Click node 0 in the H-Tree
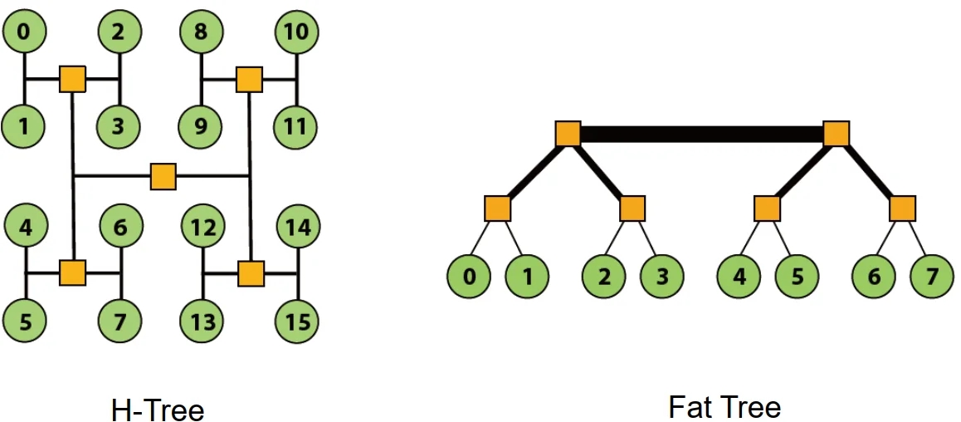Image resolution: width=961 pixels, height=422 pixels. tap(25, 32)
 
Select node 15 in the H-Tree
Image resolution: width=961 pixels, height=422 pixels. tap(298, 321)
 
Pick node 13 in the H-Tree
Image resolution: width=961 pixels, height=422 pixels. tap(203, 321)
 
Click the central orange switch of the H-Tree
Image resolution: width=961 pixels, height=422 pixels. tap(163, 176)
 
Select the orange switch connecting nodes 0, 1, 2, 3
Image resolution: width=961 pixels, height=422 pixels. tap(73, 80)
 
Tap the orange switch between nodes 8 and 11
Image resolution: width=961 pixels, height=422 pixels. tap(249, 80)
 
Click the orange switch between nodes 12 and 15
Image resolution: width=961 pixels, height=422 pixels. tap(250, 273)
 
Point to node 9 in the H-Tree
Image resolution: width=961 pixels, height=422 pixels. tap(202, 128)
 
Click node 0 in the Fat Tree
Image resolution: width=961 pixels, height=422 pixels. tap(470, 275)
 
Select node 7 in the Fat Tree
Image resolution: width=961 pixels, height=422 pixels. tap(932, 275)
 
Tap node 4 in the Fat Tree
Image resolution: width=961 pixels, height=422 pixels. tap(739, 275)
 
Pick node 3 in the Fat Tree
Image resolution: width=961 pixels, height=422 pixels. tap(661, 275)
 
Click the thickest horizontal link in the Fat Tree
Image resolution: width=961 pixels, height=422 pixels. tap(701, 134)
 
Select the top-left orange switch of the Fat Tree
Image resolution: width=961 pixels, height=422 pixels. tap(568, 133)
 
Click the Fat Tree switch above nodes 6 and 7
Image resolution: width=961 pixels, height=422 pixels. tap(902, 208)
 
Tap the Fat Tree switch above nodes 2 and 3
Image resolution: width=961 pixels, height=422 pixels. tap(632, 208)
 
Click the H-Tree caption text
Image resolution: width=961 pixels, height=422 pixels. tap(158, 410)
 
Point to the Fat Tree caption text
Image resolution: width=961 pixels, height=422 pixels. tap(724, 407)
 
